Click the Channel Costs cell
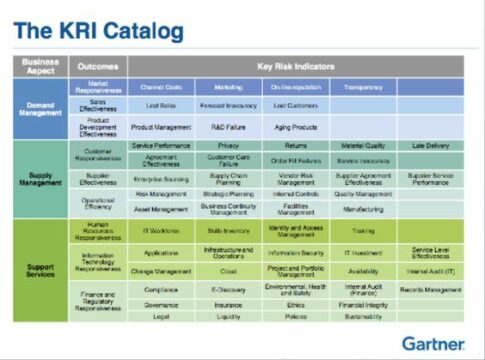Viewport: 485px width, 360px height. (x=161, y=87)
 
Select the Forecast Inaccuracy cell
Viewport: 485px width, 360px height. (x=228, y=105)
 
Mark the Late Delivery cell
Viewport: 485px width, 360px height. (x=431, y=146)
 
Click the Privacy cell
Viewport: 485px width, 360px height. (x=228, y=146)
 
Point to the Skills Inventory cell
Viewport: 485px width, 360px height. (x=228, y=230)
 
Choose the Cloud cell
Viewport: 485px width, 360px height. (x=228, y=271)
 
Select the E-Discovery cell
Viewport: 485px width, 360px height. (x=228, y=291)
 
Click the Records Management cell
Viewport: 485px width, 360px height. (x=431, y=291)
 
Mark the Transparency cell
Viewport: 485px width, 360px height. (x=364, y=87)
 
